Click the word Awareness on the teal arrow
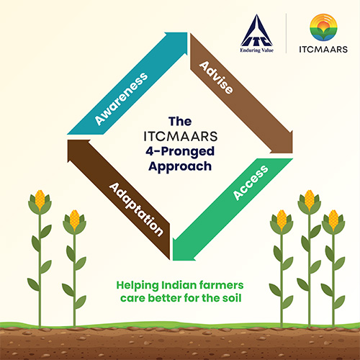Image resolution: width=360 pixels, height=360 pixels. (x=121, y=99)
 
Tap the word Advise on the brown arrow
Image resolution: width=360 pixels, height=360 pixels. (x=216, y=78)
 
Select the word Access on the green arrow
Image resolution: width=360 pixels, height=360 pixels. (x=251, y=183)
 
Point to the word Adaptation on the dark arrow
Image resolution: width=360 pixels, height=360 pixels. (x=136, y=210)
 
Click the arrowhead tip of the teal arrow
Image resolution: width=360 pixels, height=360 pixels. (x=186, y=33)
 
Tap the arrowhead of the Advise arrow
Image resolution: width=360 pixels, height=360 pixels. (x=292, y=152)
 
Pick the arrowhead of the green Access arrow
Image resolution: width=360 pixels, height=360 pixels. (x=174, y=259)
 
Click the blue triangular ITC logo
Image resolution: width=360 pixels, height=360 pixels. (x=257, y=30)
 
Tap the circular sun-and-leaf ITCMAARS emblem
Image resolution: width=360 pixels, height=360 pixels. (x=323, y=27)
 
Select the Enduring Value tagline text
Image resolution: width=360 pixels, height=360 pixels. (x=257, y=50)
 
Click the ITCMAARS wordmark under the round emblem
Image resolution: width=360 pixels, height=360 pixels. (x=323, y=49)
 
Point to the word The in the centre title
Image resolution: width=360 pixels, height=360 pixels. (x=180, y=121)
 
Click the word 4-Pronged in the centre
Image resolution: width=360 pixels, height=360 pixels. (x=180, y=152)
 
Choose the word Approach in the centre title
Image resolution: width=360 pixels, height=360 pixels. (x=180, y=166)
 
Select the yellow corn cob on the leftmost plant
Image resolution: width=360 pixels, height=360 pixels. (x=40, y=199)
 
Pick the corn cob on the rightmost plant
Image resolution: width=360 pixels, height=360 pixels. (x=333, y=219)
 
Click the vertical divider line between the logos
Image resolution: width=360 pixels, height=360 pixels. (x=286, y=33)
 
